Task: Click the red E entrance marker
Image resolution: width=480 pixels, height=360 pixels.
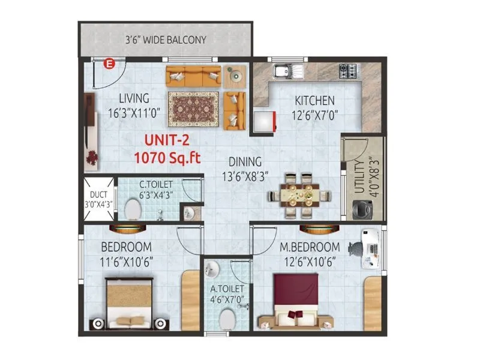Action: pyautogui.click(x=109, y=62)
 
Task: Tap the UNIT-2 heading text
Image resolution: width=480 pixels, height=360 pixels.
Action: pyautogui.click(x=167, y=142)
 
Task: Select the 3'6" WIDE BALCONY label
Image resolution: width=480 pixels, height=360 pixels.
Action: pyautogui.click(x=165, y=40)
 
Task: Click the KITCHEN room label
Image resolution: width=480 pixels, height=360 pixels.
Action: pyautogui.click(x=314, y=100)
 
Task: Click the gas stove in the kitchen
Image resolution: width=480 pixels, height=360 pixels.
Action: pyautogui.click(x=349, y=71)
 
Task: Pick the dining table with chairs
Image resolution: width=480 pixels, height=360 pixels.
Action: pyautogui.click(x=298, y=195)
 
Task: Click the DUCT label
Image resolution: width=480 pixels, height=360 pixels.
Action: pyautogui.click(x=97, y=194)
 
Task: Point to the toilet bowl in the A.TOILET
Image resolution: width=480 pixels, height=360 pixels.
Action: pyautogui.click(x=226, y=320)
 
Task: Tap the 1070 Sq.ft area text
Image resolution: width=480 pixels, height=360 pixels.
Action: pyautogui.click(x=167, y=158)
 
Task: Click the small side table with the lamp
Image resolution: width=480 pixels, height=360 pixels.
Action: pyautogui.click(x=235, y=76)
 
